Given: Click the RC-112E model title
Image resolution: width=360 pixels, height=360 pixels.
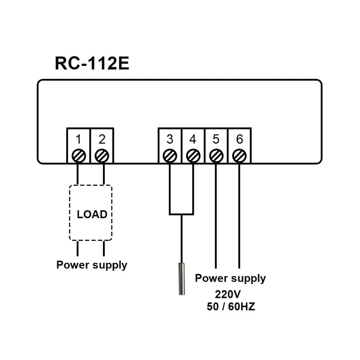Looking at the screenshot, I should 92,63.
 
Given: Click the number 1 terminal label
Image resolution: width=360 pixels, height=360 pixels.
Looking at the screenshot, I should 78,139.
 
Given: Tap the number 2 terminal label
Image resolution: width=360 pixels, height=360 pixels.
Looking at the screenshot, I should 102,139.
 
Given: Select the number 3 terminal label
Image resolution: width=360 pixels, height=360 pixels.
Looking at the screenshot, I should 170,139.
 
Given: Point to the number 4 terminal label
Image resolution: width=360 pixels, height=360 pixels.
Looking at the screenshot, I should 193,139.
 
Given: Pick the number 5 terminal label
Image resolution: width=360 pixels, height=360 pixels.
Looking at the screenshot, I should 216,139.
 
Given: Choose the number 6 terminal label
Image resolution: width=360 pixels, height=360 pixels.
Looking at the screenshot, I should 239,139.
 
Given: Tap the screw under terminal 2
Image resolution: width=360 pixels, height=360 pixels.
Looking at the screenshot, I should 102,156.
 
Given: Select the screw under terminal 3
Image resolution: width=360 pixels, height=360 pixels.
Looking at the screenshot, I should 170,156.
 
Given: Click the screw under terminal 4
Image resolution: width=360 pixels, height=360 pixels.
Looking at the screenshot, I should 193,156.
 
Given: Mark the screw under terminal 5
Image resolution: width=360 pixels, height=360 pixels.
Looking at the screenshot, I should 216,156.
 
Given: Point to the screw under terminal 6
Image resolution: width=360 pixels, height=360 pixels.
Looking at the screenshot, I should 239,156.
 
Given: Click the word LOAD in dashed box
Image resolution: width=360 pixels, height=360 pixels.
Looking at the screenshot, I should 92,214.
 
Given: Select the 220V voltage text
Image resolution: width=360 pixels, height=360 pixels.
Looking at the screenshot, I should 228,295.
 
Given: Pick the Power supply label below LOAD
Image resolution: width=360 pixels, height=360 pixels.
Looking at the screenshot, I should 92,265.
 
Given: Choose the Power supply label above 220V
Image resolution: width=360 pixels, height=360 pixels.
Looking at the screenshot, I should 230,279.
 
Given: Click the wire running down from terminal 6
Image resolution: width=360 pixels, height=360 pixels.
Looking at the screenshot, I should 239,216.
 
